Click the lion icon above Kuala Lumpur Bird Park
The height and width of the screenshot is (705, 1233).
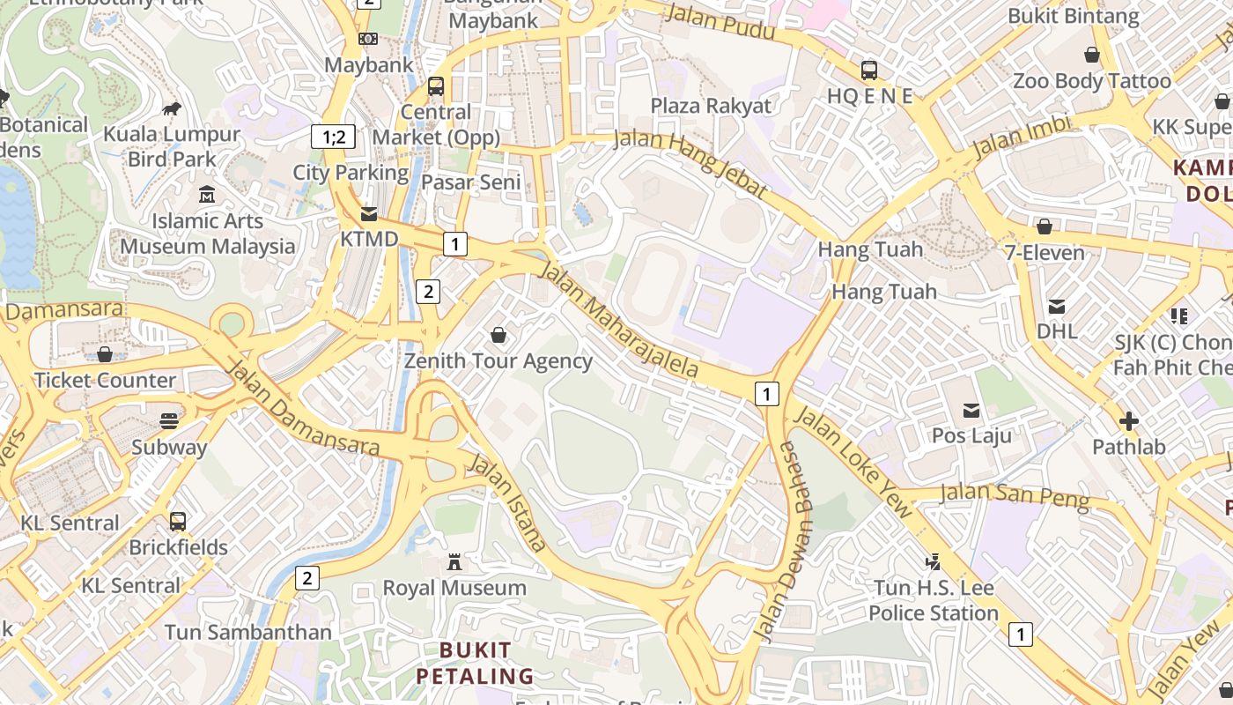coord(172,108)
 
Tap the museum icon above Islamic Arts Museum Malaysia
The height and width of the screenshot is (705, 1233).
coord(207,194)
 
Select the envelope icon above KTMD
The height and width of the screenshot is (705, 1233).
coord(369,213)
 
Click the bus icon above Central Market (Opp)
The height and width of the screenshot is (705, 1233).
coord(435,86)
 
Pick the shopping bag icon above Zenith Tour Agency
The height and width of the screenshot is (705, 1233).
coord(498,335)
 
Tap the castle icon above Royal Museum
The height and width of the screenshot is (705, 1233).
coord(454,561)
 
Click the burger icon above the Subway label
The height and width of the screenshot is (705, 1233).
coord(169,420)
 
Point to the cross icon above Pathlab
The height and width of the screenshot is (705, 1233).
coord(1128,420)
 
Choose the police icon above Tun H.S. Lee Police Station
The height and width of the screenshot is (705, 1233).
coord(933,561)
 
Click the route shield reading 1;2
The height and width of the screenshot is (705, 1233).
coord(333,137)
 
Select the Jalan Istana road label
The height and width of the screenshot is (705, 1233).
coord(509,501)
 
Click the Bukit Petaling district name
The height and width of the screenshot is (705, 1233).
coord(475,664)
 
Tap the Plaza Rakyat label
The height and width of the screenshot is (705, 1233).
coord(711,106)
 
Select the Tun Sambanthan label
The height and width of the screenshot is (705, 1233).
coord(248,632)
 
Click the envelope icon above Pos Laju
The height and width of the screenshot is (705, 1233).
coord(971,410)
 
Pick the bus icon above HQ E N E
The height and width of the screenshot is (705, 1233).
coord(869,70)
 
